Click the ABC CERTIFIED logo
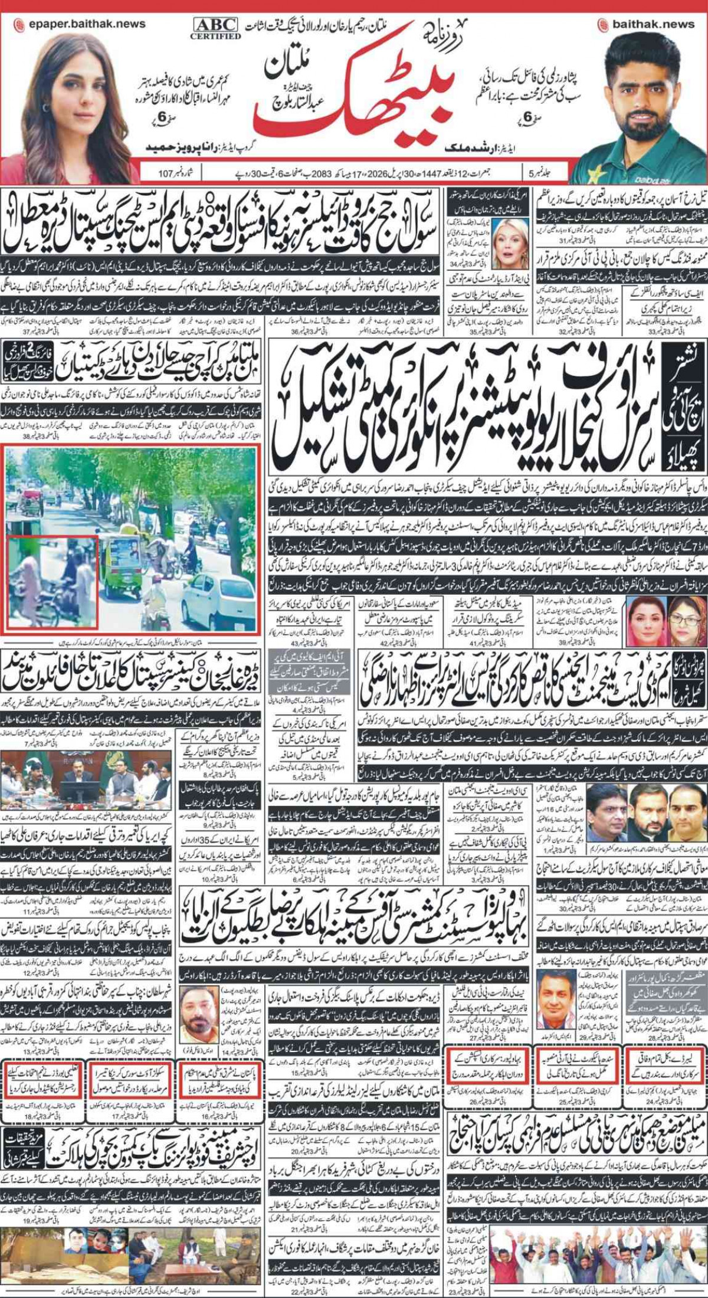click(x=215, y=27)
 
